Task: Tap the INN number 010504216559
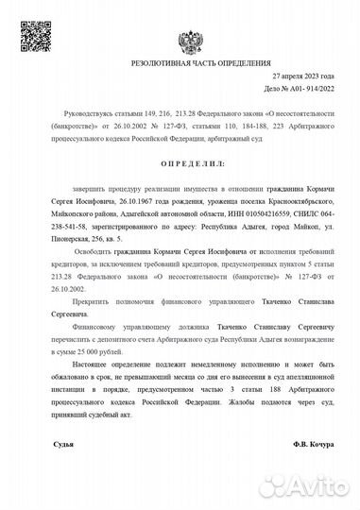pyautogui.click(x=252, y=214)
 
